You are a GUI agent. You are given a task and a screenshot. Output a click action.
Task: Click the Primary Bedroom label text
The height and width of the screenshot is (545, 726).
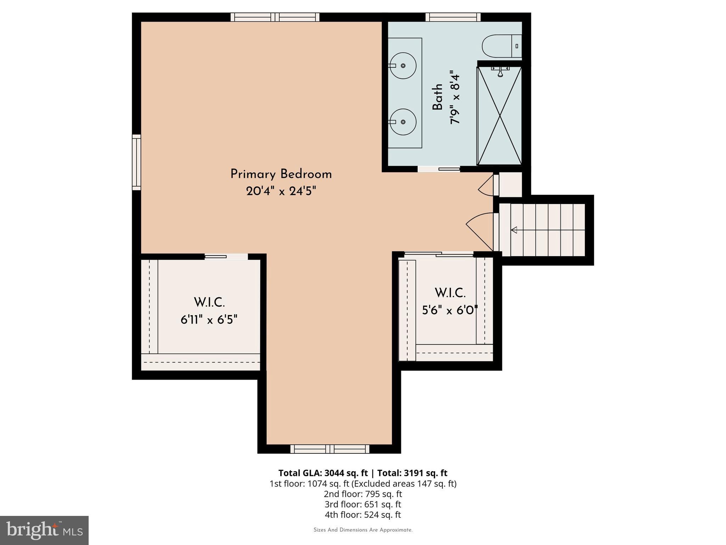pyautogui.click(x=281, y=174)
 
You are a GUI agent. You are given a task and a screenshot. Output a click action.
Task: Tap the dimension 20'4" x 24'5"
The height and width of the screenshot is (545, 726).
pyautogui.click(x=281, y=192)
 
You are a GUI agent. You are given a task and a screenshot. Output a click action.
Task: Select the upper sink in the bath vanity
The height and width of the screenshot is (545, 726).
pyautogui.click(x=403, y=66)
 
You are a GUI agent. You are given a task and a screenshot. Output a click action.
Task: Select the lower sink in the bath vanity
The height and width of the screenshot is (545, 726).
pyautogui.click(x=403, y=122)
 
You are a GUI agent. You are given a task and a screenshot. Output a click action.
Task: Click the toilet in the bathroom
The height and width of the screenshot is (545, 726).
pyautogui.click(x=501, y=46)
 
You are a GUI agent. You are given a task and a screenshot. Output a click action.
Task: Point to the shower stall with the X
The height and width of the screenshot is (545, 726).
pyautogui.click(x=499, y=115)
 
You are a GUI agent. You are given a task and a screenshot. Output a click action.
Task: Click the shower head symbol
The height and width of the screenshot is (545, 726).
pyautogui.click(x=500, y=72)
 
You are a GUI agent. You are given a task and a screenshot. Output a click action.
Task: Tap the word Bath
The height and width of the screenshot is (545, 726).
pyautogui.click(x=437, y=97)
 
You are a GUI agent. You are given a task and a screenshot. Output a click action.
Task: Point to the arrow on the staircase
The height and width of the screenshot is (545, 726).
pyautogui.click(x=514, y=230)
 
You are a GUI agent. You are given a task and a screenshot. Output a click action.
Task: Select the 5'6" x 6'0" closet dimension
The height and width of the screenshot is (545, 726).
pyautogui.click(x=450, y=311)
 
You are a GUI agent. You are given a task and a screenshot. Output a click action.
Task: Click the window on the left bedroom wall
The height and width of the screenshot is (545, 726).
pyautogui.click(x=136, y=162)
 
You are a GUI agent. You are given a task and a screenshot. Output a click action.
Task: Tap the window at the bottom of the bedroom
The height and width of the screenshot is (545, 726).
pyautogui.click(x=330, y=449)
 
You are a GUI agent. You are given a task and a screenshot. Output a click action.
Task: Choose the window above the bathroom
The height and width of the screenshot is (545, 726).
pyautogui.click(x=453, y=17)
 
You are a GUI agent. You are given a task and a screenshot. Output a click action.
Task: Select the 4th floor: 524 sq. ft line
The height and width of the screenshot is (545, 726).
pyautogui.click(x=363, y=514)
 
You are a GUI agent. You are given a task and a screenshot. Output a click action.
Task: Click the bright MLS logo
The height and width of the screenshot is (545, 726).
pyautogui.click(x=44, y=530)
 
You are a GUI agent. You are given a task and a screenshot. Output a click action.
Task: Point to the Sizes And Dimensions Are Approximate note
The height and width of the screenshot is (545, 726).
pyautogui.click(x=363, y=530)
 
